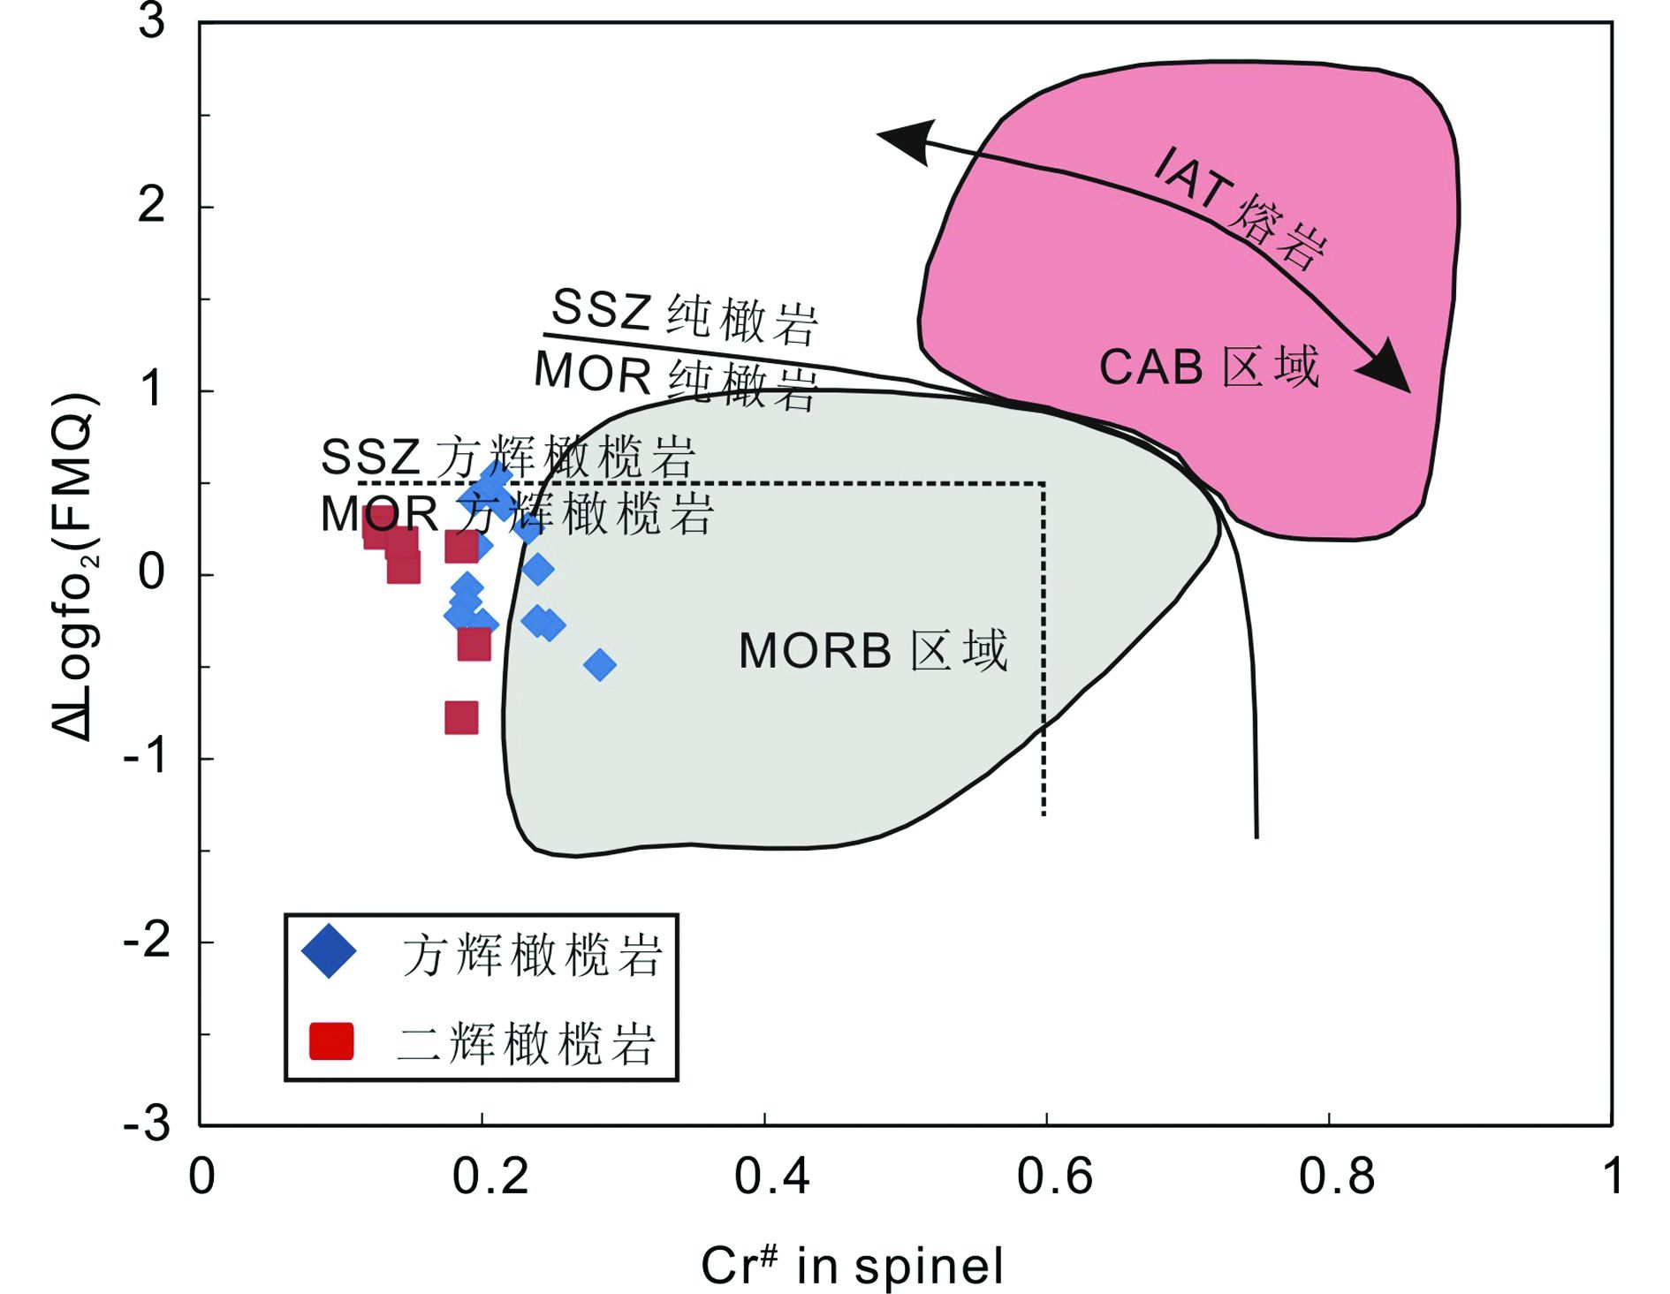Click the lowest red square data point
461,717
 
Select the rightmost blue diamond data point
600,664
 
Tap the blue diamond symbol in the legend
329,951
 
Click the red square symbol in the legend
331,1041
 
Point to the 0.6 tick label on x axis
1054,1177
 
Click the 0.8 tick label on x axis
1336,1177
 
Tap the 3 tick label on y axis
151,21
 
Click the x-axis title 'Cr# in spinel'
852,1264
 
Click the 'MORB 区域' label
873,651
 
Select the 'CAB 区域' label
1209,367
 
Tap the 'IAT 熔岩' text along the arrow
1241,208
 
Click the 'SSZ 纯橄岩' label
685,315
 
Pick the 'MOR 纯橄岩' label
676,381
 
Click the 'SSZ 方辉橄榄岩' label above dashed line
508,458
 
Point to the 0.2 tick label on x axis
490,1177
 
